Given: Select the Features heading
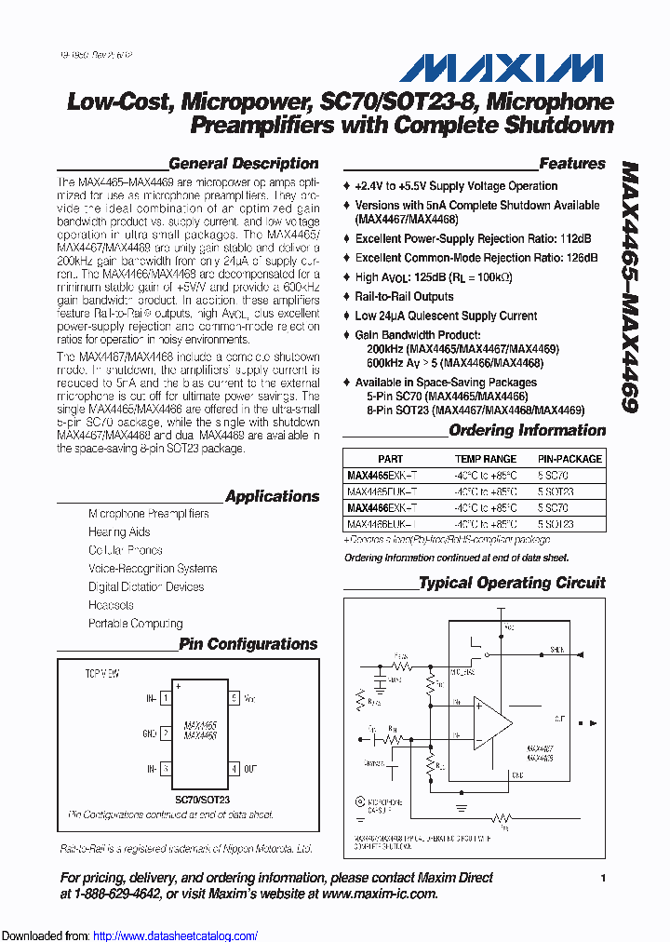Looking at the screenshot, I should click(x=571, y=164).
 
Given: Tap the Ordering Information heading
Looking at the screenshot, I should click(x=527, y=430).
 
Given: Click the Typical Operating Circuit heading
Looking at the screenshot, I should click(x=512, y=583).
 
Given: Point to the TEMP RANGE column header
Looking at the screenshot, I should click(x=485, y=459).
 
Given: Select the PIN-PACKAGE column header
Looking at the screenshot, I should click(x=569, y=459).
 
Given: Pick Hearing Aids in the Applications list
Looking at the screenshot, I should click(x=119, y=532).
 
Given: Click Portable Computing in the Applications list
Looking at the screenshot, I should click(x=136, y=624).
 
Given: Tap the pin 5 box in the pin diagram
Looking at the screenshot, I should click(x=234, y=697).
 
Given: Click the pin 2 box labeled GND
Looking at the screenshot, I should click(x=166, y=733).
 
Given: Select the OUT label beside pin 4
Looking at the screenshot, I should click(x=250, y=769).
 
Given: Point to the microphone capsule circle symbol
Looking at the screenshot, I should click(x=360, y=801).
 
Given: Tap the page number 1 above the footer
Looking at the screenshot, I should click(x=603, y=878).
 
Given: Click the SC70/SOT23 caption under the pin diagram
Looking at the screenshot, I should click(x=202, y=799).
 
